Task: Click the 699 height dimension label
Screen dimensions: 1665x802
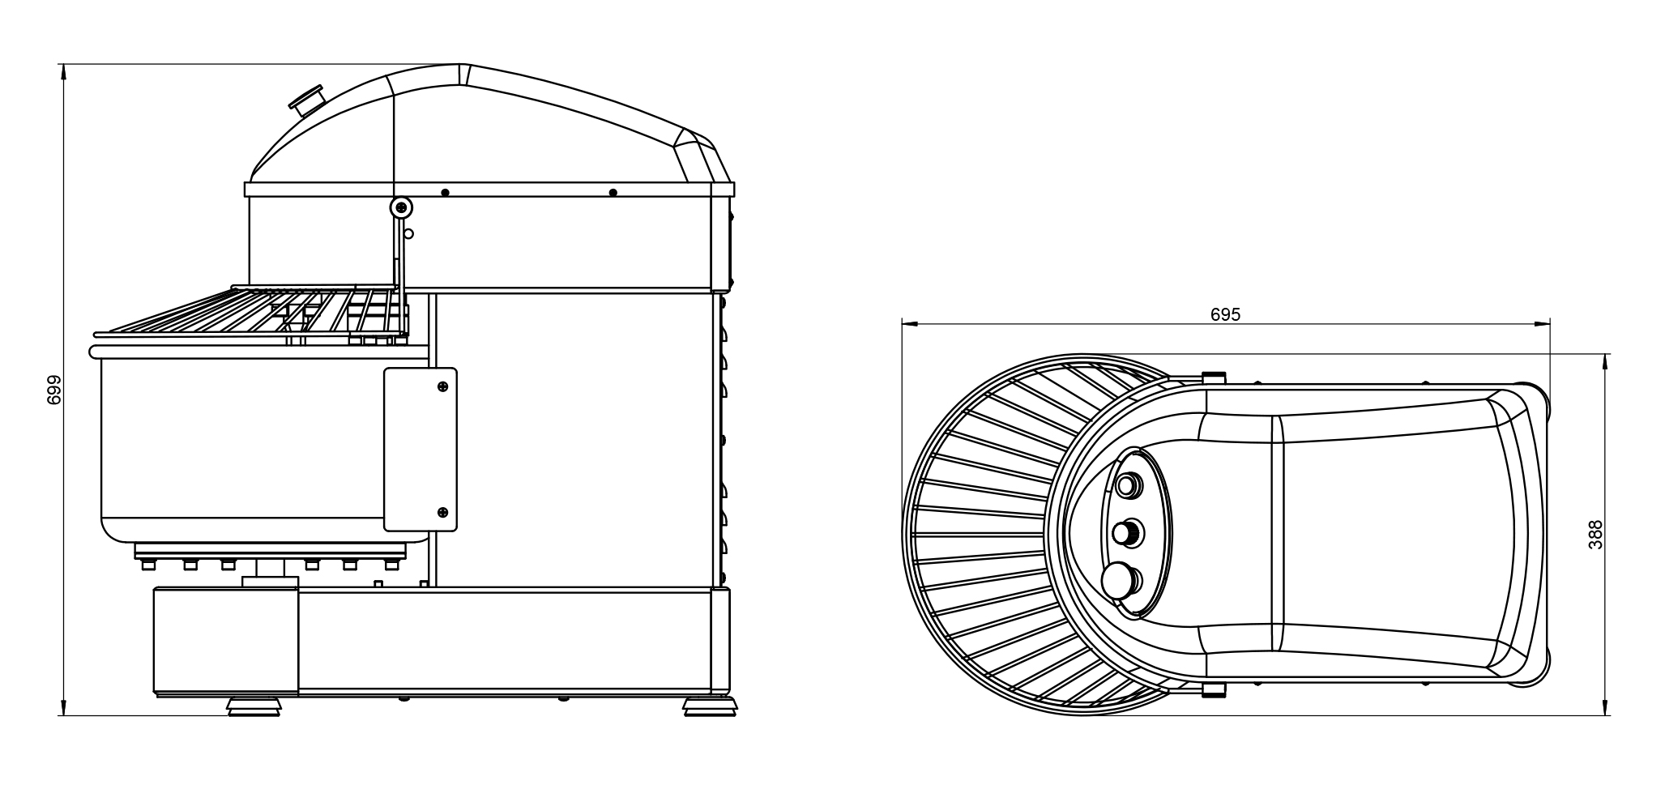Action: (x=54, y=390)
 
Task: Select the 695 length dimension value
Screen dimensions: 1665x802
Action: (x=1225, y=314)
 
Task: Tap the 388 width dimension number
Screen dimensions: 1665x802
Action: (x=1595, y=535)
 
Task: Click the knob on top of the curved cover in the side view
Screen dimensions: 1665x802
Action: (x=307, y=100)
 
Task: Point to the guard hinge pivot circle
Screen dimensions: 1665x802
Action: (x=400, y=207)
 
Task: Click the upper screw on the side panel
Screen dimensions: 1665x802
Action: (x=442, y=386)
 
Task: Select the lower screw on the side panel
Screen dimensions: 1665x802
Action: (x=442, y=512)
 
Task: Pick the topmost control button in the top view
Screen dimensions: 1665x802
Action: (x=1126, y=485)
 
